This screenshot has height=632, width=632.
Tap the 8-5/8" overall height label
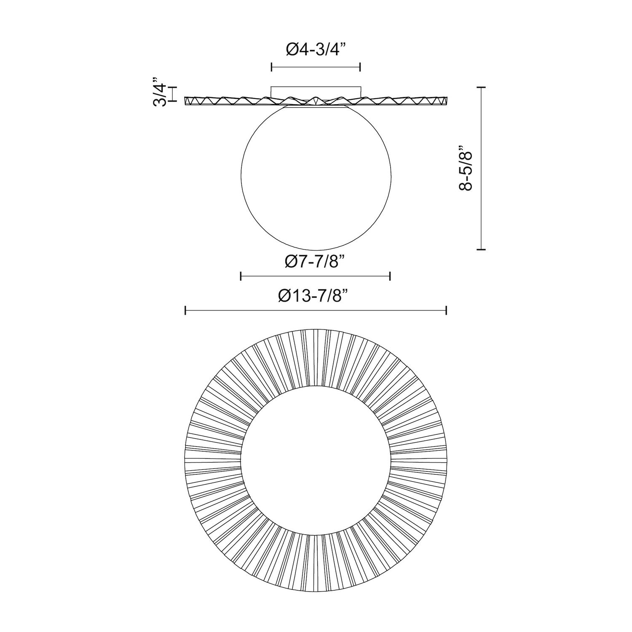[467, 169]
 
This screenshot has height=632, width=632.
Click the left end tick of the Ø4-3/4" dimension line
[271, 67]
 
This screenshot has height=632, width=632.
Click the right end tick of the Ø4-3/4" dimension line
[360, 67]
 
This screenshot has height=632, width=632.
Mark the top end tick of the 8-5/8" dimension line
[481, 87]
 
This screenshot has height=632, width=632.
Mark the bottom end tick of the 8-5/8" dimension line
[481, 250]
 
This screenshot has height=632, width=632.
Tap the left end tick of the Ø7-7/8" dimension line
[241, 276]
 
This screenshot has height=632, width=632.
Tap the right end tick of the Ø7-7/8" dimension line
[390, 276]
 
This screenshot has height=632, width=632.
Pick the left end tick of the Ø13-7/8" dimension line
[185, 311]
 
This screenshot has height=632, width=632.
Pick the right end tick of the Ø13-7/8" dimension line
[446, 311]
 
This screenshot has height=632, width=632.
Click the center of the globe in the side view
[316, 177]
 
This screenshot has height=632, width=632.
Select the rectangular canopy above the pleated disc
[316, 91]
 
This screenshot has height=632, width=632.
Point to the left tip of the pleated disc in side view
[186, 101]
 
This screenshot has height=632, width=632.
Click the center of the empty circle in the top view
[316, 459]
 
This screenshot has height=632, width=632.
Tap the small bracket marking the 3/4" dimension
[173, 94]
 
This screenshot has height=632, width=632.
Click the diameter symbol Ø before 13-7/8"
[285, 296]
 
